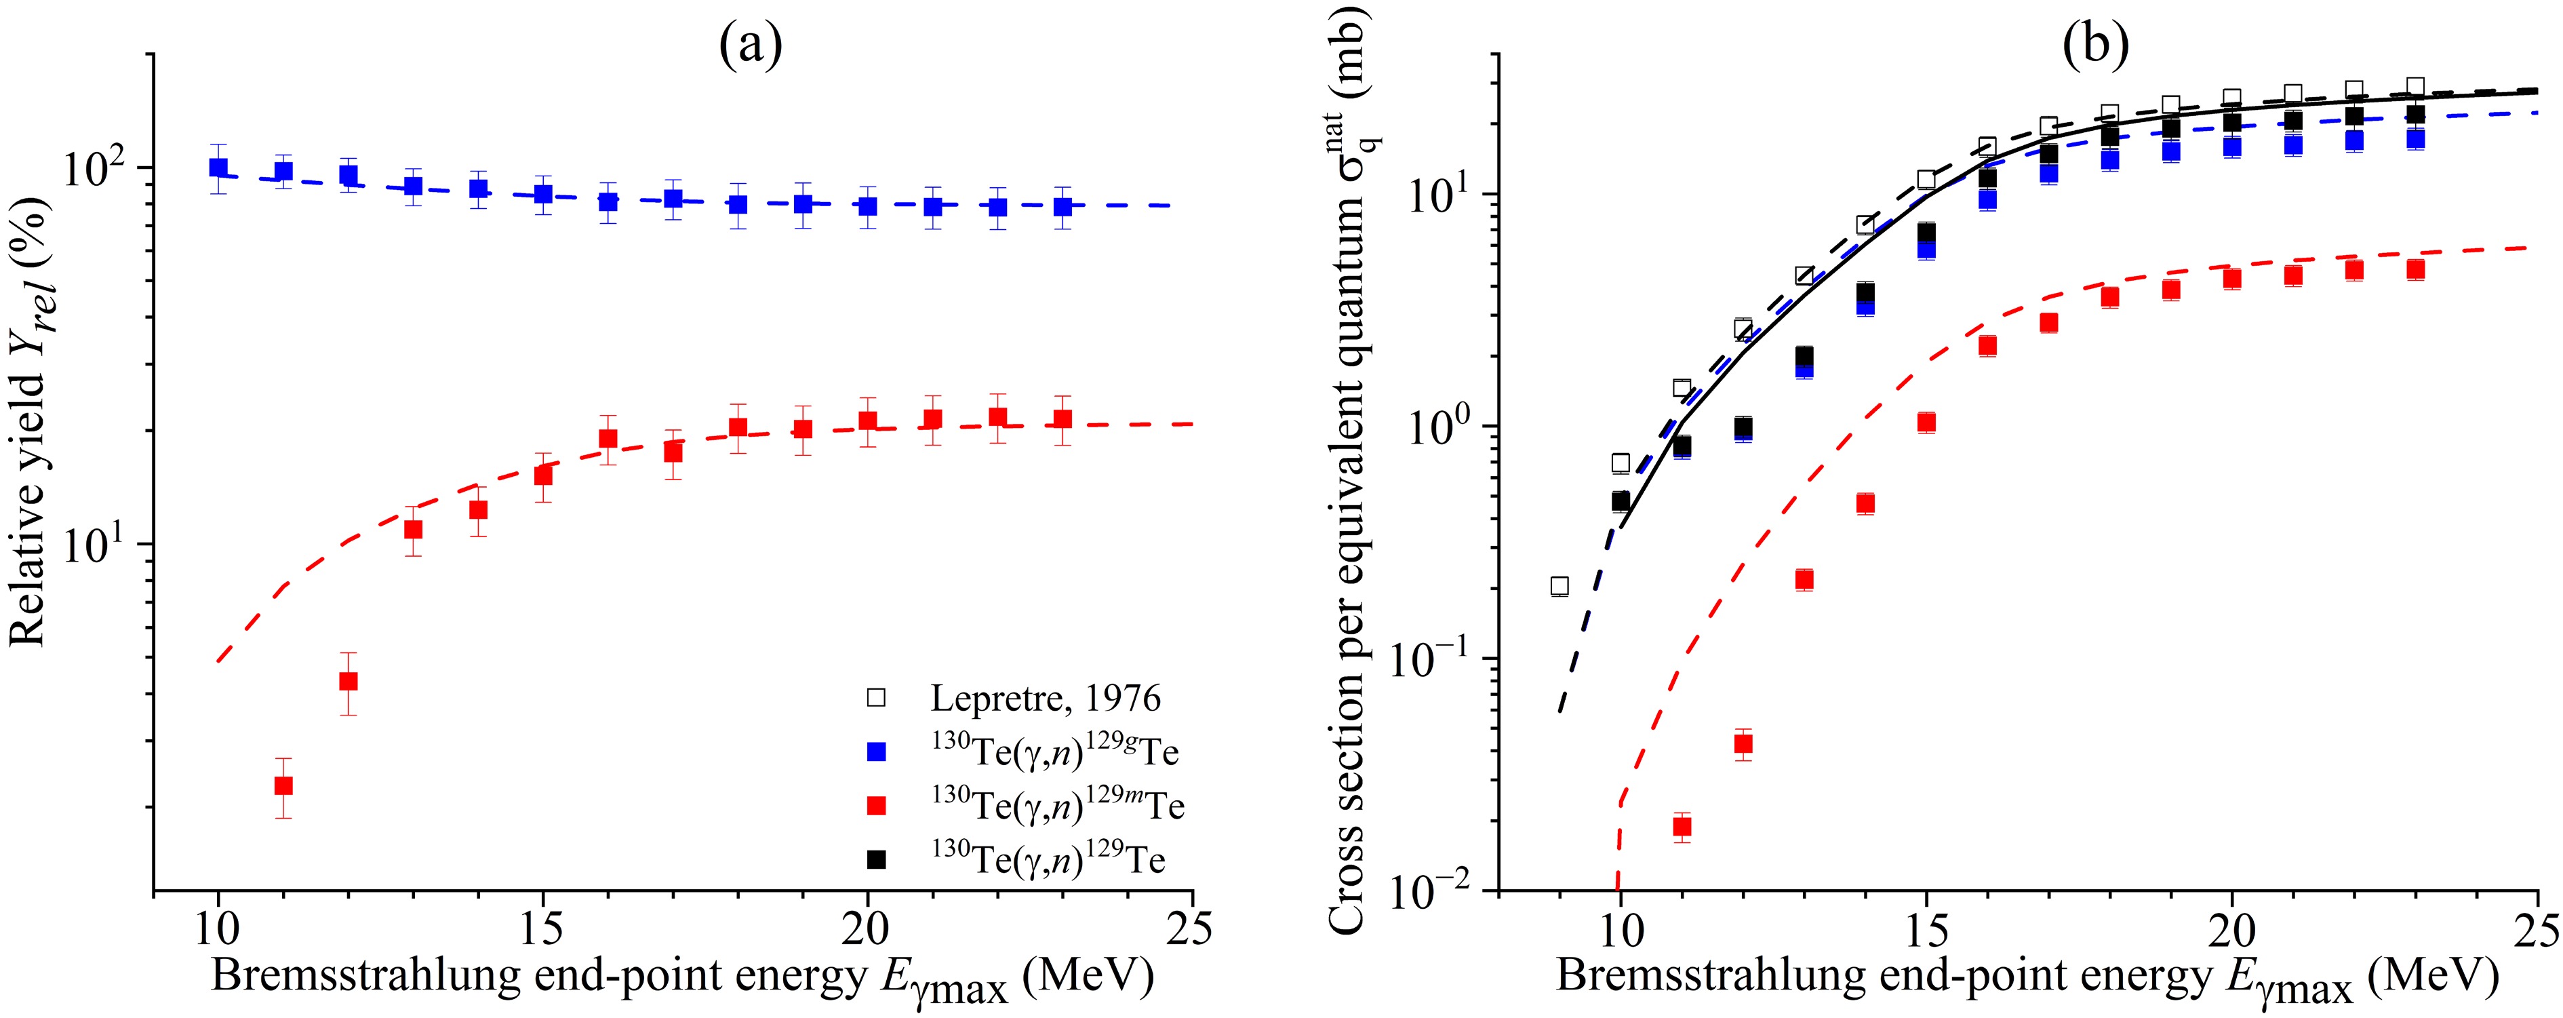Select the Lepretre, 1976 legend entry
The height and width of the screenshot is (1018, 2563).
pos(1045,699)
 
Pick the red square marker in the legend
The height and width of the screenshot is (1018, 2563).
pos(877,806)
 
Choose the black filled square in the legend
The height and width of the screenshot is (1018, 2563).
pos(877,859)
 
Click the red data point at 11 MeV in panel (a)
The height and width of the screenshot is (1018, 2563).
pos(283,785)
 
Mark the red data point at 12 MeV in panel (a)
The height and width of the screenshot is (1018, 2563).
pos(349,682)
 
